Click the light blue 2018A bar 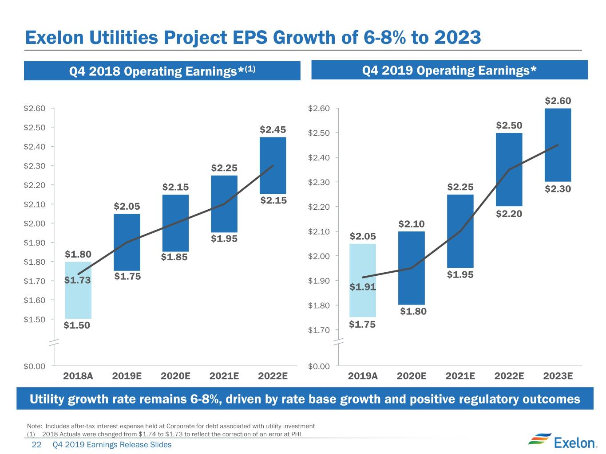coord(78,290)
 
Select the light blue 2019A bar coord(363,280)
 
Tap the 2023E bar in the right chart coord(558,145)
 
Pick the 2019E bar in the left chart coord(127,242)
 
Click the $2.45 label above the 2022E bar coord(273,129)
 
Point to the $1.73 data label coord(77,280)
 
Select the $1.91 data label coord(363,287)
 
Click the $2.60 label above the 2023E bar coord(558,101)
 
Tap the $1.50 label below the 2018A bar coord(77,325)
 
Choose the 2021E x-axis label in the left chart coord(224,376)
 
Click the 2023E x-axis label coord(558,376)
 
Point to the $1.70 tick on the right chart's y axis coord(319,330)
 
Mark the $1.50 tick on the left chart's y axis coord(35,320)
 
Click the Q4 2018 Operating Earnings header coord(162,71)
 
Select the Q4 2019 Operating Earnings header coord(449,70)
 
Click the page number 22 coord(36,444)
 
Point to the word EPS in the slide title coord(250,37)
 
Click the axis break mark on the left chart coord(54,342)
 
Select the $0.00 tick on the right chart coord(319,366)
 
